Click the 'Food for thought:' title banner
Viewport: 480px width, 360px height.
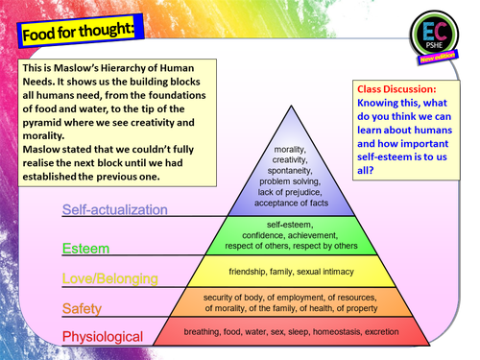(x=81, y=31)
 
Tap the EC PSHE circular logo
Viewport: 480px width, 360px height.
(x=434, y=35)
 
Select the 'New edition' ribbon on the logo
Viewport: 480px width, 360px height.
(x=438, y=57)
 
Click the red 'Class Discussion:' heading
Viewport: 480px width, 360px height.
(x=396, y=89)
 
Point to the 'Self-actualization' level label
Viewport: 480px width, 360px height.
(x=115, y=210)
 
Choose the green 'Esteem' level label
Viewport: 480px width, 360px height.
(x=85, y=249)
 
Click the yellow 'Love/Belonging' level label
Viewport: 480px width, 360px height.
(x=110, y=278)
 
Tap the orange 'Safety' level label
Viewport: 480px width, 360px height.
(x=82, y=309)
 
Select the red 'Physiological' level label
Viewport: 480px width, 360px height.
(x=103, y=337)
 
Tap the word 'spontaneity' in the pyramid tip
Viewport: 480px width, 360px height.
(x=290, y=171)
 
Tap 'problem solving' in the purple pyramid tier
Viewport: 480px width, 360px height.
(x=290, y=181)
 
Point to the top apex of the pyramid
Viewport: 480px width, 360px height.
(x=291, y=106)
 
